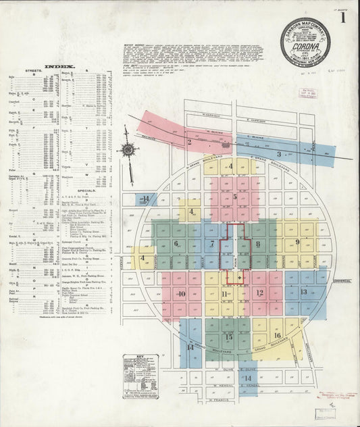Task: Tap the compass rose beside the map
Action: point(128,149)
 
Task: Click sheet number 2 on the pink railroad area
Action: point(190,142)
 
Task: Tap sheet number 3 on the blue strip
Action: point(278,154)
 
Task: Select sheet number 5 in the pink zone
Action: point(235,197)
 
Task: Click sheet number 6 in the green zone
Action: point(176,243)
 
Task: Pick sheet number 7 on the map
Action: point(212,243)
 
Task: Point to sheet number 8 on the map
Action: point(257,243)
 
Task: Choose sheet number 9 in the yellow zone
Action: point(297,241)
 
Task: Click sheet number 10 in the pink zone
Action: point(181,293)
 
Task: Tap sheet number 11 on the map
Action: point(224,293)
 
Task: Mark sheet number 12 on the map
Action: point(259,293)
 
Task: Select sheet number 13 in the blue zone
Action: point(303,292)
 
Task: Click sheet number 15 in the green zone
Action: point(228,336)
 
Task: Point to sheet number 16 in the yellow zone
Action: point(277,335)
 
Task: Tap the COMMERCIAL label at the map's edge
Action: point(343,281)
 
